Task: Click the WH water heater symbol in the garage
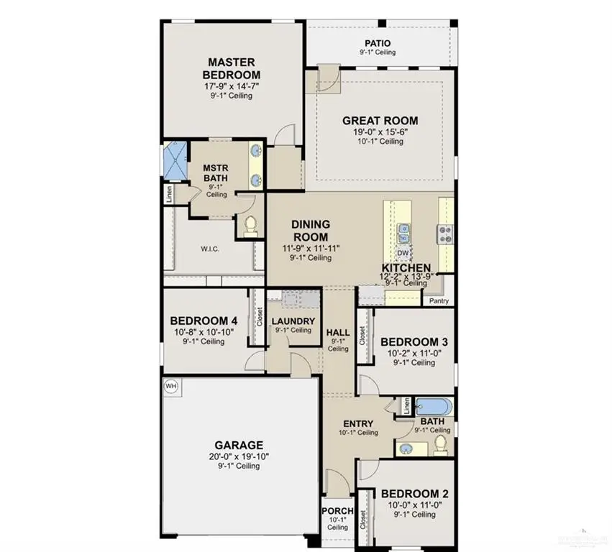click(x=170, y=385)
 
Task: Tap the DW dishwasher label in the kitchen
click(x=404, y=254)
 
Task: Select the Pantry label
click(x=439, y=300)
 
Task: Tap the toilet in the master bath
click(x=250, y=226)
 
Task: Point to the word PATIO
click(x=378, y=43)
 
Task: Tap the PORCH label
click(x=337, y=511)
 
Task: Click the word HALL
click(x=338, y=333)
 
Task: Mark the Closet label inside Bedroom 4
click(x=259, y=317)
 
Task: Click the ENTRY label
click(x=357, y=423)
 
